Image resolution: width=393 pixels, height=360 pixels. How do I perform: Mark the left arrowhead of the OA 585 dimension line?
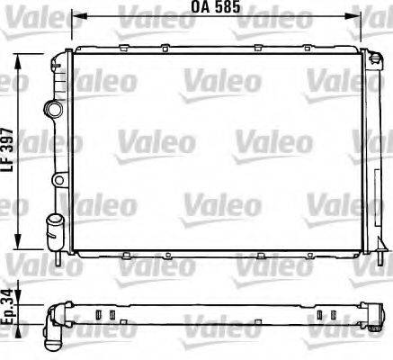[x=76, y=17]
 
